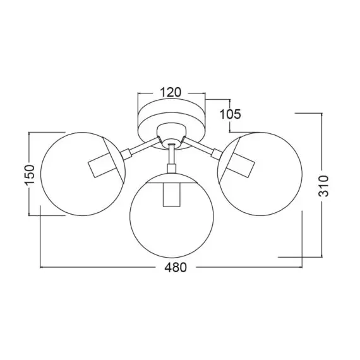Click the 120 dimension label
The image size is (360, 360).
click(x=171, y=92)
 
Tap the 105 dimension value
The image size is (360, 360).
click(x=231, y=114)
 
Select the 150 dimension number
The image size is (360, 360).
click(x=30, y=174)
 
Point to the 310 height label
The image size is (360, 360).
click(x=323, y=186)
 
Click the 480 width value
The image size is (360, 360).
click(x=176, y=268)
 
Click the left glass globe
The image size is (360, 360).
click(x=41, y=174)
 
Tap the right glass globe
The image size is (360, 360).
click(x=302, y=174)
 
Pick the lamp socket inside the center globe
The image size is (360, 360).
click(x=172, y=195)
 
